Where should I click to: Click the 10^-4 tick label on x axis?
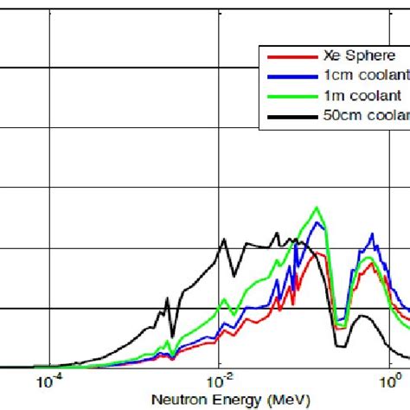pyautogui.click(x=49, y=381)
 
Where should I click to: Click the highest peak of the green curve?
pyautogui.click(x=317, y=208)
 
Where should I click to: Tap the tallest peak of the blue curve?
pyautogui.click(x=319, y=223)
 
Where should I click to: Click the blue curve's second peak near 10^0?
pyautogui.click(x=372, y=234)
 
